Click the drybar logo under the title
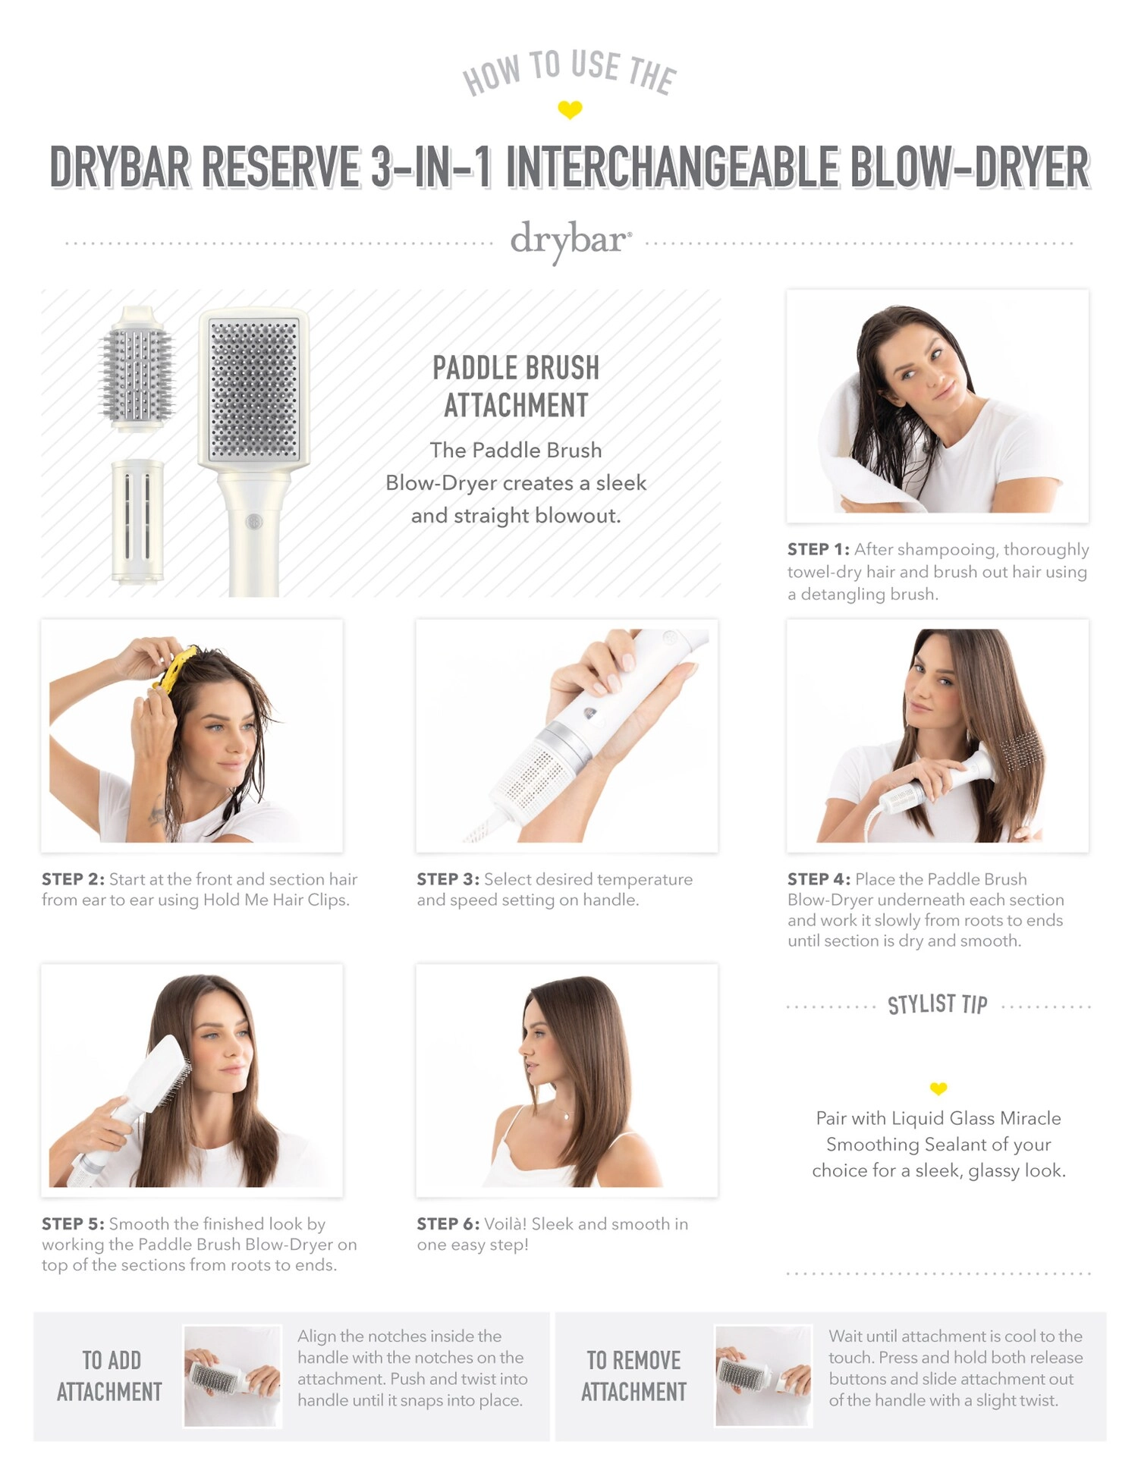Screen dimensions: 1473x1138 click(x=570, y=241)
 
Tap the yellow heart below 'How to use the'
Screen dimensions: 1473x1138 click(x=570, y=110)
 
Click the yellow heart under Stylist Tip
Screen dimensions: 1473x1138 click(x=938, y=1088)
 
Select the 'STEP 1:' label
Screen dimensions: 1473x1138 click(x=818, y=549)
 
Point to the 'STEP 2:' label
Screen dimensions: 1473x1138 click(x=73, y=879)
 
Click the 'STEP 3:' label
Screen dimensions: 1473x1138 click(x=448, y=879)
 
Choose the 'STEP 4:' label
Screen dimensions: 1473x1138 click(x=819, y=879)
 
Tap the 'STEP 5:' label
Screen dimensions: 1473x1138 click(x=73, y=1223)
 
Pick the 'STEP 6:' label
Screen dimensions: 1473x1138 click(x=448, y=1223)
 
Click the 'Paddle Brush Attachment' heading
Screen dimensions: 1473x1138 click(x=516, y=386)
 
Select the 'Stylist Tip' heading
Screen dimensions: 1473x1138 click(x=938, y=1004)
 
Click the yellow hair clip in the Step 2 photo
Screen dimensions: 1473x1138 click(x=176, y=666)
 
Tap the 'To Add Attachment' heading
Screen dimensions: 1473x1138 click(x=110, y=1376)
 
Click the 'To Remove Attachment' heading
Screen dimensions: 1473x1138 click(x=633, y=1376)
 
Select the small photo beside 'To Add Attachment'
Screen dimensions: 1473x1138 click(x=232, y=1376)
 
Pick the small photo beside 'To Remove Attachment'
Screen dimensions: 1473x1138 click(x=763, y=1376)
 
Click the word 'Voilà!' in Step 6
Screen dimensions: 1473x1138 click(x=505, y=1223)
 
